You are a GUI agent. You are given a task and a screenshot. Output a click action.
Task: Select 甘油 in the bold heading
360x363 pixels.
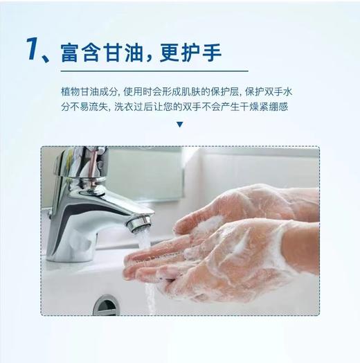125,51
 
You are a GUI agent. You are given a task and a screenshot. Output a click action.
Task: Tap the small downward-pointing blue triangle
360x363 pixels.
180,125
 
